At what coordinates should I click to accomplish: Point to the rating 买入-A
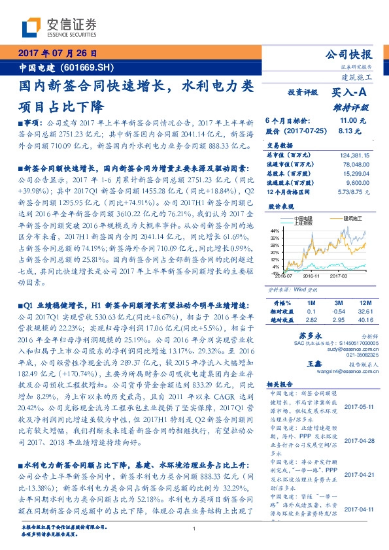350,93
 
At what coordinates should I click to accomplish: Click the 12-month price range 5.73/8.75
354,193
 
